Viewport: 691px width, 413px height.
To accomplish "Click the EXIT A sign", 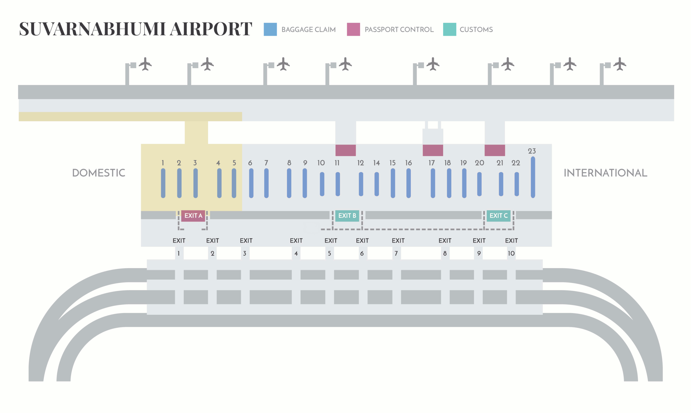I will pyautogui.click(x=193, y=216).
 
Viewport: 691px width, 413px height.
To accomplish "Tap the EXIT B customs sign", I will pyautogui.click(x=347, y=216).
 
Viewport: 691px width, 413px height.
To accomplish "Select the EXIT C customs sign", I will pyautogui.click(x=498, y=216).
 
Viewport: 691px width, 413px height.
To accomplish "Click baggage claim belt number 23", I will pyautogui.click(x=533, y=177).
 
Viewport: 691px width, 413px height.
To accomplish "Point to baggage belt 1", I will pyautogui.click(x=163, y=183).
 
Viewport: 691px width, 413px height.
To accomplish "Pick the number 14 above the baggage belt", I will pyautogui.click(x=376, y=163).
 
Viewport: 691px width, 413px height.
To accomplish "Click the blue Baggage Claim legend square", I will pyautogui.click(x=270, y=29).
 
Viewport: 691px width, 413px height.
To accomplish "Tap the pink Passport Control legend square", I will pyautogui.click(x=353, y=29).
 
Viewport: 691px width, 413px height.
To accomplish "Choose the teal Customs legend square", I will pyautogui.click(x=449, y=29).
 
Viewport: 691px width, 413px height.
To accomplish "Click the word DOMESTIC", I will pyautogui.click(x=99, y=173).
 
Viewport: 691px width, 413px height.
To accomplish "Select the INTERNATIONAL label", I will pyautogui.click(x=605, y=173).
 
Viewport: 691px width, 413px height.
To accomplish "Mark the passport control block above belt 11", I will pyautogui.click(x=345, y=150).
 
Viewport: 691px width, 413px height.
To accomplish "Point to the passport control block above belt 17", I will pyautogui.click(x=433, y=150).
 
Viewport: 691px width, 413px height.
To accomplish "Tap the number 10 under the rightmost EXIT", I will pyautogui.click(x=511, y=253).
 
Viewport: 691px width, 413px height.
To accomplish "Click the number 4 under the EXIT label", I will pyautogui.click(x=296, y=253).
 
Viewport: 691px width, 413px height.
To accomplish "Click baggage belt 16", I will pyautogui.click(x=409, y=183).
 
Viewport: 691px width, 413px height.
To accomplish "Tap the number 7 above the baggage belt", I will pyautogui.click(x=266, y=163).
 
